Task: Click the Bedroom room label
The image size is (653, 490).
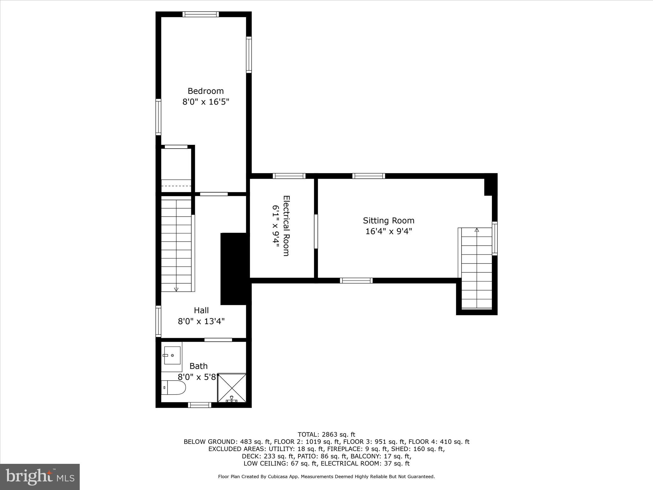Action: [206, 91]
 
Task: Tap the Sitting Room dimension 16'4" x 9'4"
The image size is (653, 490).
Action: [389, 231]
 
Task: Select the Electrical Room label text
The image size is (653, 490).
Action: [286, 226]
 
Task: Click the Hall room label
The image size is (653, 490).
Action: [201, 310]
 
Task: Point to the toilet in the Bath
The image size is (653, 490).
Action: [173, 387]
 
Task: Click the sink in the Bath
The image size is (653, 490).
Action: [172, 355]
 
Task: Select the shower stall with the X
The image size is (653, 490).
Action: [232, 388]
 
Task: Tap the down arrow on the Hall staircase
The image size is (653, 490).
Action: [176, 289]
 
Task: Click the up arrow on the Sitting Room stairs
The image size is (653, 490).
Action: [477, 230]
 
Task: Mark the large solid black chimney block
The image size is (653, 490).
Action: [234, 269]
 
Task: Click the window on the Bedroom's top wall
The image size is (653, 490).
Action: [201, 14]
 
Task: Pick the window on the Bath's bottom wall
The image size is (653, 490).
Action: [199, 405]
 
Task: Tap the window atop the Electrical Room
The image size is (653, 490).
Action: [289, 176]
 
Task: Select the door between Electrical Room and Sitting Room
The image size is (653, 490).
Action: [316, 231]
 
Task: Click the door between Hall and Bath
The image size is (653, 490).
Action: [218, 340]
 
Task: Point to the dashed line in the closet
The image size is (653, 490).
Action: [176, 186]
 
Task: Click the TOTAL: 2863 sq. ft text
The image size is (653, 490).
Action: [326, 434]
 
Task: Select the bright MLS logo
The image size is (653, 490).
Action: [40, 477]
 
